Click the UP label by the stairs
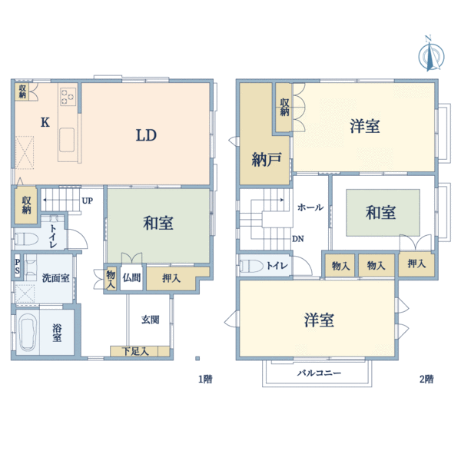pos(88,201)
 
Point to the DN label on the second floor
pos(297,238)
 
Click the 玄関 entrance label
pos(150,319)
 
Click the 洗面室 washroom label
pos(55,277)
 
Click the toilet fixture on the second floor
pos(250,266)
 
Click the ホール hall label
pos(310,207)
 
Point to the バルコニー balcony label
pos(320,373)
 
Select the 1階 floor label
pos(204,379)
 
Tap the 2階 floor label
pos(426,379)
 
